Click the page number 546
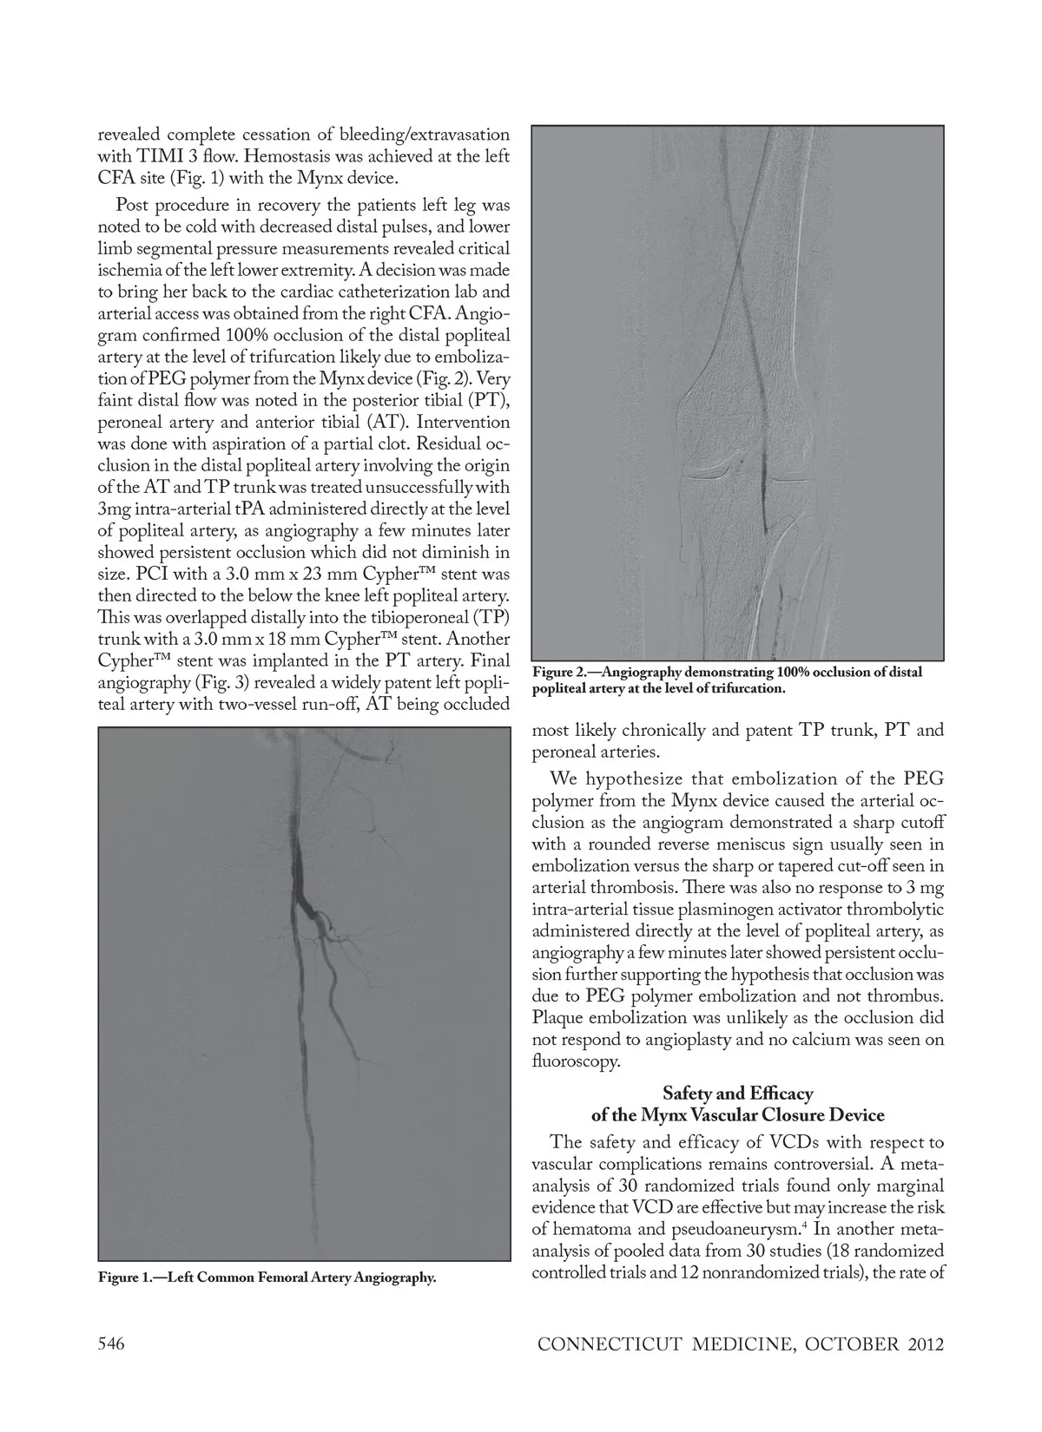112,1344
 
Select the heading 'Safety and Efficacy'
737,1093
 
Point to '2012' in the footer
921,1345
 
